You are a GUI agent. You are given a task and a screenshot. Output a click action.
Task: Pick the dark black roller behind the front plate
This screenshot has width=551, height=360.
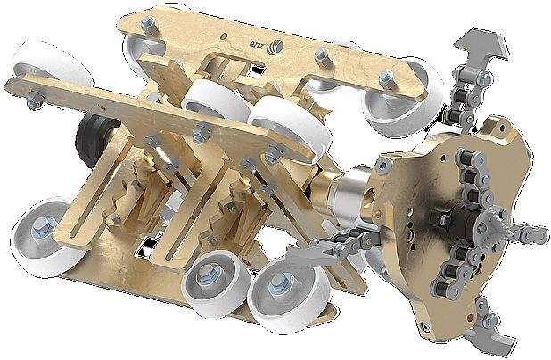click(x=90, y=139)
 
